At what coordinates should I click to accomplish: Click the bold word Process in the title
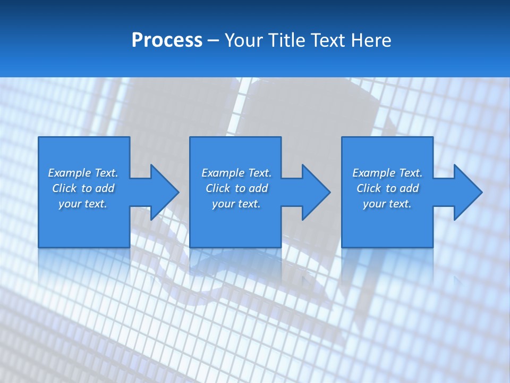[x=167, y=40]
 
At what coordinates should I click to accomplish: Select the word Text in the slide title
[x=329, y=40]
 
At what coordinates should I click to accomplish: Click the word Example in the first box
[x=70, y=173]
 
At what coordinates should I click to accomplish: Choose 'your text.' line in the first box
[x=83, y=204]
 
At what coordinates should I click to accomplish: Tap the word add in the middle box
[x=258, y=188]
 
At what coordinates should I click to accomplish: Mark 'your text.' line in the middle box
[x=236, y=204]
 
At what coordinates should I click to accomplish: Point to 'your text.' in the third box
[x=387, y=204]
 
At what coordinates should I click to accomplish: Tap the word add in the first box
[x=105, y=188]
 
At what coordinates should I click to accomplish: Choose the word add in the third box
[x=409, y=188]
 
